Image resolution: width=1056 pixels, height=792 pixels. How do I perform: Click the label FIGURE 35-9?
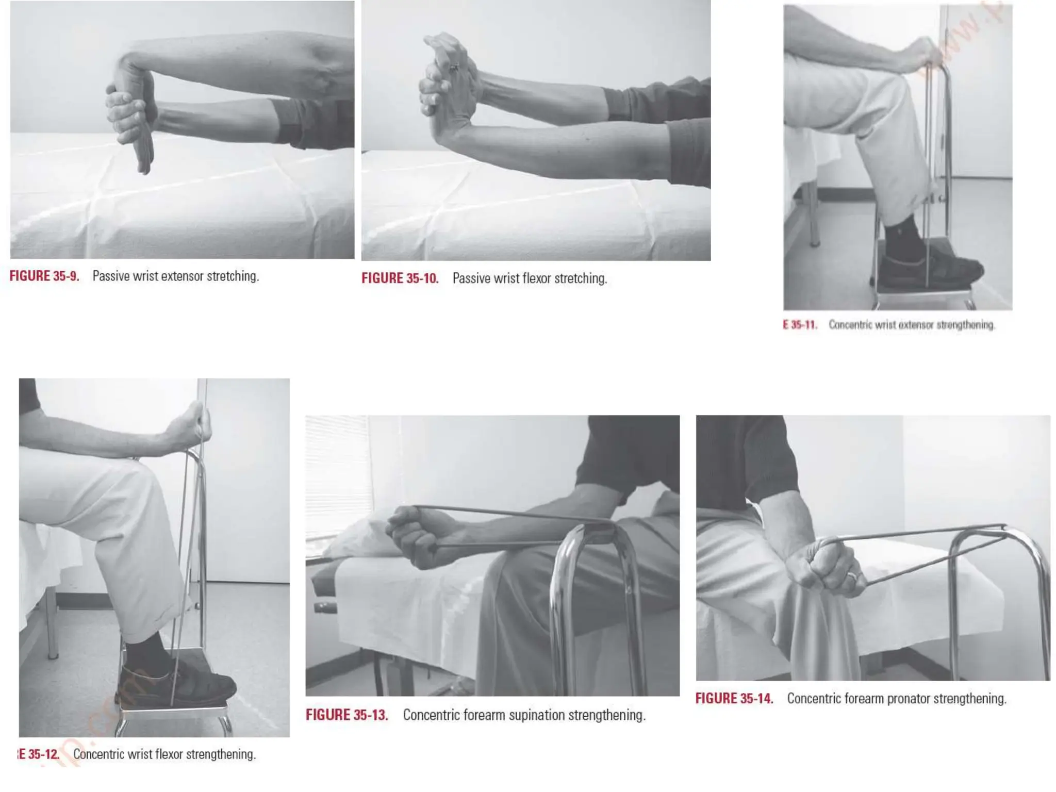tap(44, 276)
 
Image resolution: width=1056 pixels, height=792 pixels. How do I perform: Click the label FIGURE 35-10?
tap(400, 278)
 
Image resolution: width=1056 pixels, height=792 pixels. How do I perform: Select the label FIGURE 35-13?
tap(346, 715)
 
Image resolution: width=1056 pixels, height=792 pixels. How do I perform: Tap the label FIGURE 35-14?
tap(734, 699)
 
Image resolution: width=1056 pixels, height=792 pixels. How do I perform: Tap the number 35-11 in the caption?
tap(804, 325)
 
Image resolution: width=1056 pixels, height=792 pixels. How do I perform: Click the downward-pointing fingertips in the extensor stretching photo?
tap(144, 165)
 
